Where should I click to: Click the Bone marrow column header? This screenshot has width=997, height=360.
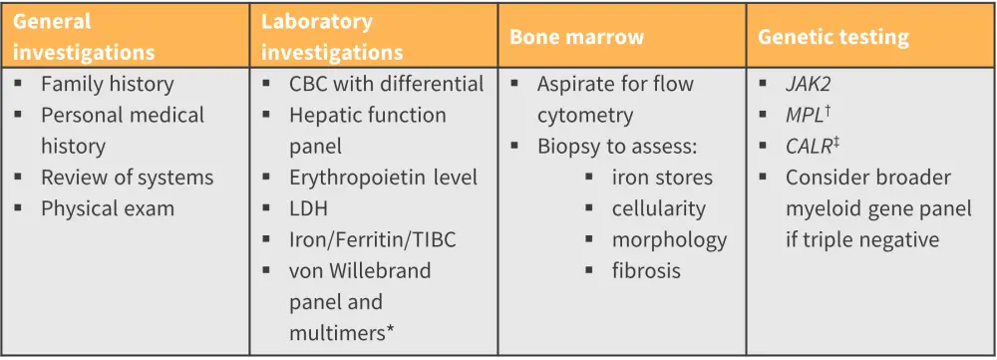coord(576,37)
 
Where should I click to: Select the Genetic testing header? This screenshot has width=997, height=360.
coord(832,37)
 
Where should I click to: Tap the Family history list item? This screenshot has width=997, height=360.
coord(108,84)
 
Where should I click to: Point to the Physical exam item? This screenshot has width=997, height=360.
coord(108,208)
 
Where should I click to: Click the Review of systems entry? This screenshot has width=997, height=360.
coord(128,177)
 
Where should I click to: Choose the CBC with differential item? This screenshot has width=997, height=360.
coord(387,84)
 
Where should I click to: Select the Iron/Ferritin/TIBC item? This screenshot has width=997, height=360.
coord(373,239)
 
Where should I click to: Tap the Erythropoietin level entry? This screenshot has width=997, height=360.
coord(384,177)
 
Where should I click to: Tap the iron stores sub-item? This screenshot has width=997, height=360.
coord(663,177)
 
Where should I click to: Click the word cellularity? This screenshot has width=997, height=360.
coord(659,208)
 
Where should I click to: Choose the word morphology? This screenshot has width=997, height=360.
coord(670,239)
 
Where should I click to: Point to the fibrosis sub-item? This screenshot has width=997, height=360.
coord(647,270)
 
